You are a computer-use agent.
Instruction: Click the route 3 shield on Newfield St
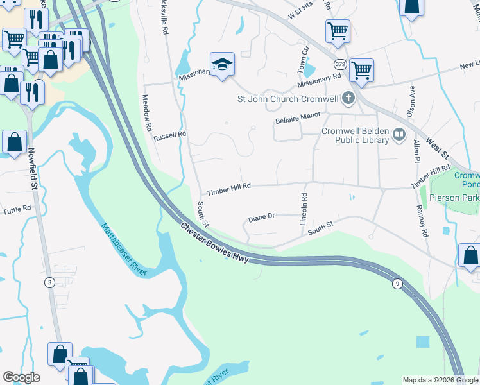49,282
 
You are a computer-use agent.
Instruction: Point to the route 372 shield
339,64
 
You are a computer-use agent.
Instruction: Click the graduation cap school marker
222,65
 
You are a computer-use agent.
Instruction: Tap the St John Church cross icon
348,99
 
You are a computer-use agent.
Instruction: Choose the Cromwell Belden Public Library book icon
399,135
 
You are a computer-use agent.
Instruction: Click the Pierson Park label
454,198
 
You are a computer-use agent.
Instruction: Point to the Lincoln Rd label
304,209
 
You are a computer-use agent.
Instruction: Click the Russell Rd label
169,136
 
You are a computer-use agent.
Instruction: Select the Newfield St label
30,169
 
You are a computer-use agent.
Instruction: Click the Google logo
21,377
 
